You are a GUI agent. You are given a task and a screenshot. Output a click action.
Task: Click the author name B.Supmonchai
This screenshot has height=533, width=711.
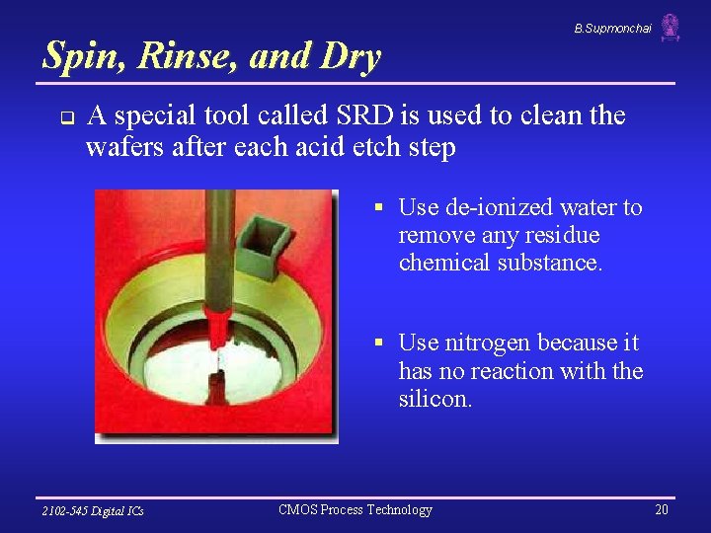612,29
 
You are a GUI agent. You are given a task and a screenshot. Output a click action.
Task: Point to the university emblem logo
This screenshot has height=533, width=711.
671,27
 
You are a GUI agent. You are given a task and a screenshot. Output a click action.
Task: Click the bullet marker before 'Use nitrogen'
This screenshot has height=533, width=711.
377,343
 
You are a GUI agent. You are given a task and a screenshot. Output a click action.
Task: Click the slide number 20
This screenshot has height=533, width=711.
661,509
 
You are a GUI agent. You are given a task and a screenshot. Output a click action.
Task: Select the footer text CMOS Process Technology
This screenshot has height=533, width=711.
355,509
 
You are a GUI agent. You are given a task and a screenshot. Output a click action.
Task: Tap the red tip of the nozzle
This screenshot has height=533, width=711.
214,321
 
